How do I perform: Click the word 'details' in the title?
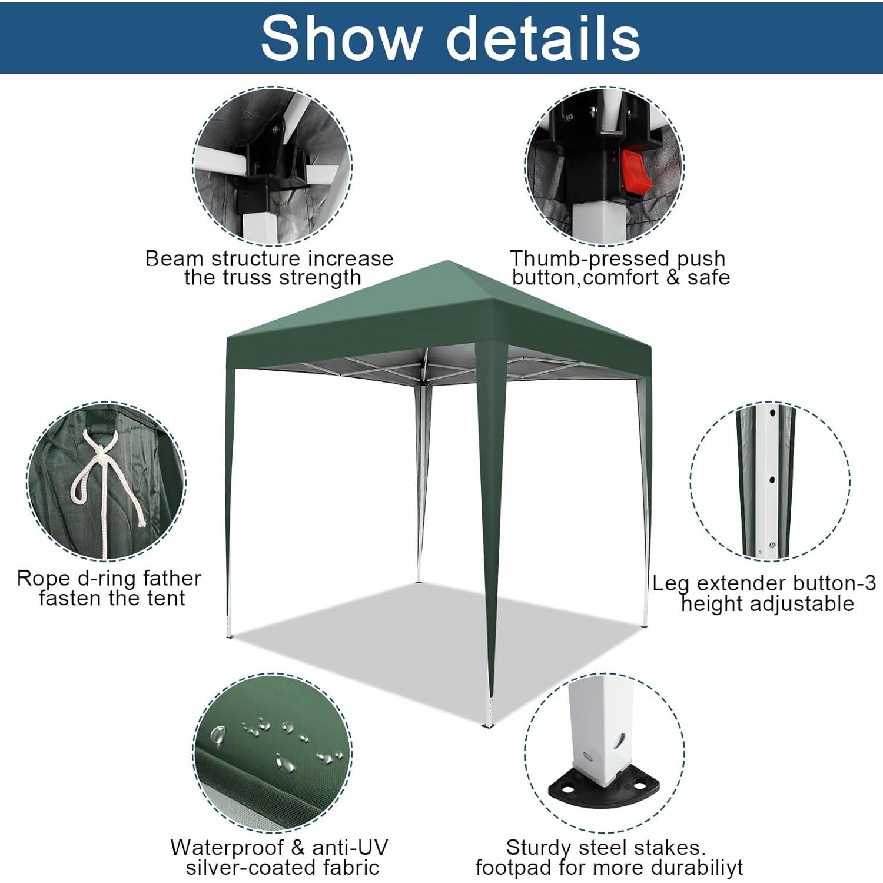(x=543, y=38)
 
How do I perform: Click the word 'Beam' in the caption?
(x=174, y=258)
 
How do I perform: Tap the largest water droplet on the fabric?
(x=218, y=735)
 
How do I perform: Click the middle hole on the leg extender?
(x=772, y=480)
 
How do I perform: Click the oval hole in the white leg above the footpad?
(x=618, y=740)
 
